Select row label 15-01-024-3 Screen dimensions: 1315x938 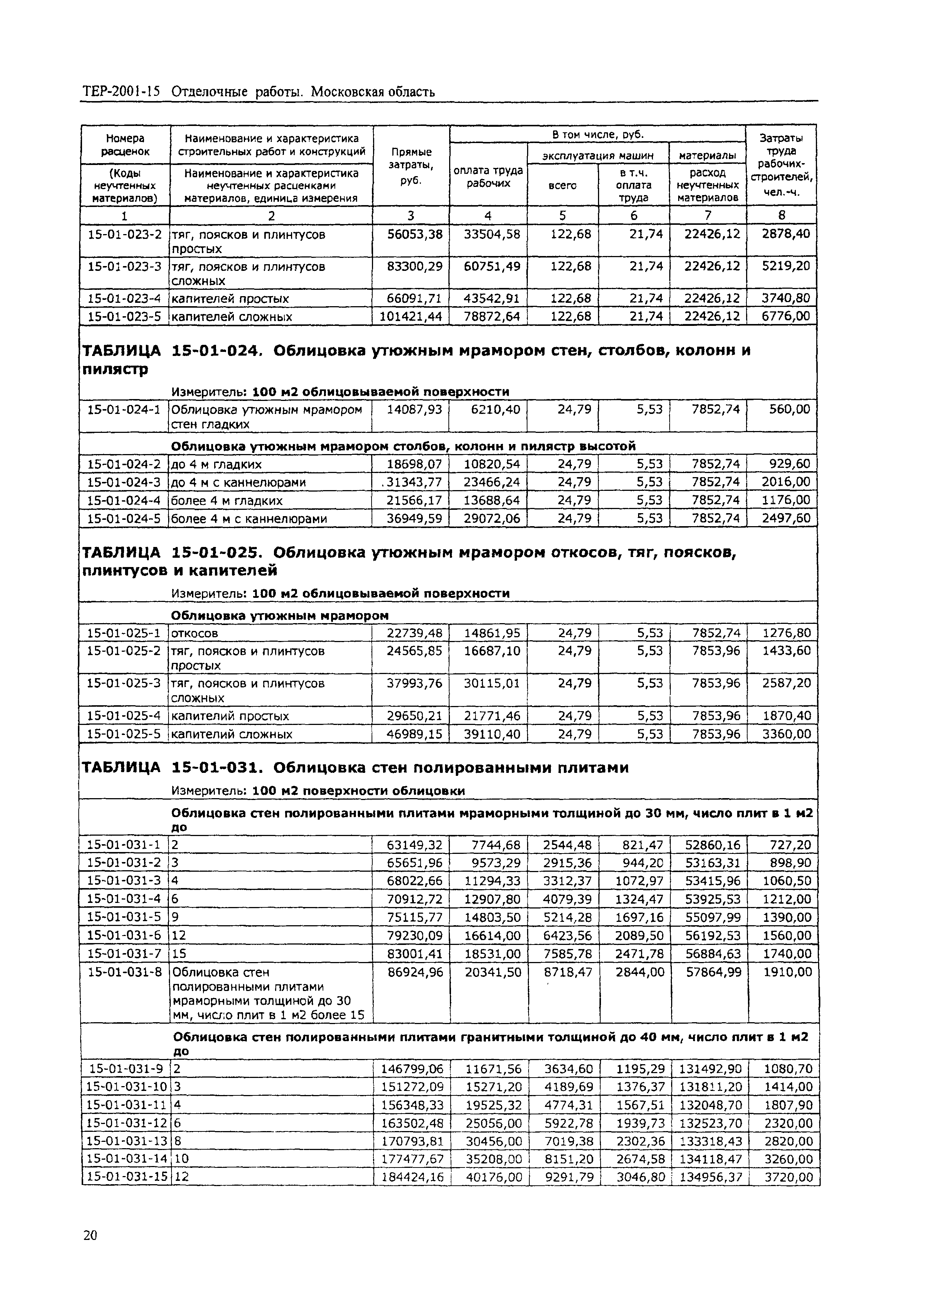click(124, 482)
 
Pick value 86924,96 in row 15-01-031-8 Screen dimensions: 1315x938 click(415, 972)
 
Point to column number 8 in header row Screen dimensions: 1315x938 click(781, 216)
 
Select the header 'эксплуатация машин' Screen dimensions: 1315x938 click(598, 155)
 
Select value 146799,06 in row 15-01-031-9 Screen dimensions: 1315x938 click(412, 1069)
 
